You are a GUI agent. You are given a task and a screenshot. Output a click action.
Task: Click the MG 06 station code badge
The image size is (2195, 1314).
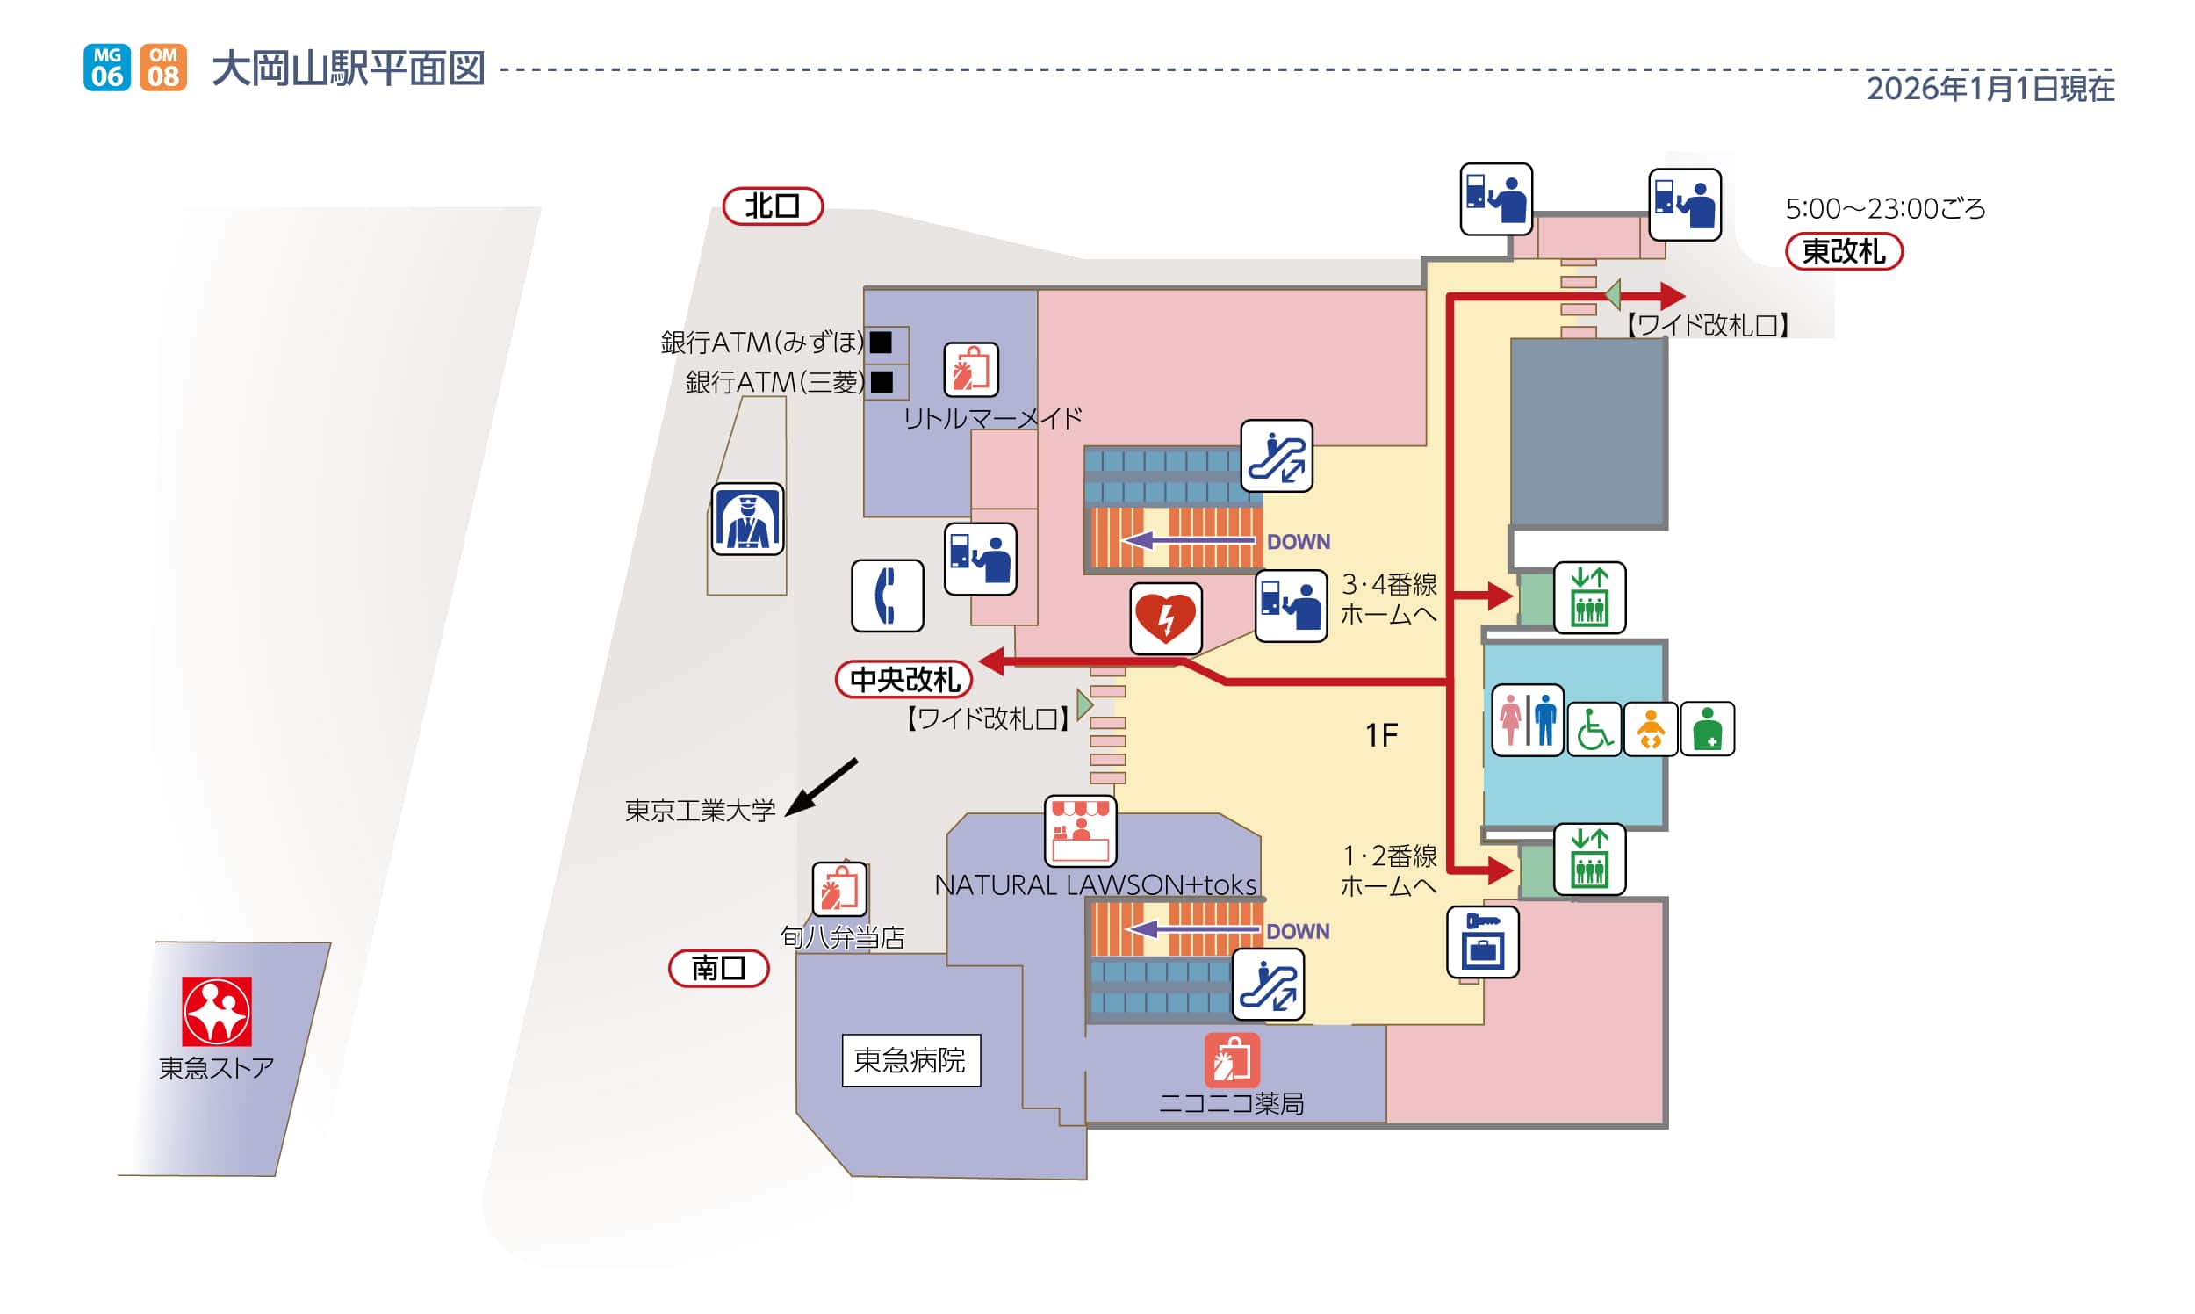tap(106, 68)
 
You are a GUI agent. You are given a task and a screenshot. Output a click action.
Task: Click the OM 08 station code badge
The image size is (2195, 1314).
tap(162, 68)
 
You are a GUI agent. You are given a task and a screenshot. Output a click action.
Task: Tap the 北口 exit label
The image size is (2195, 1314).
tap(773, 206)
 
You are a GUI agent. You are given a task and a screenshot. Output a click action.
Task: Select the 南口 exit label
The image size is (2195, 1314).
tap(718, 968)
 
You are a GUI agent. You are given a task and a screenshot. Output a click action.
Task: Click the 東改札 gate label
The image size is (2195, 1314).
tap(1843, 251)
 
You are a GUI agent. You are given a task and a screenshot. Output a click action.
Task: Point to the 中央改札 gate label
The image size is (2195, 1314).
tap(903, 680)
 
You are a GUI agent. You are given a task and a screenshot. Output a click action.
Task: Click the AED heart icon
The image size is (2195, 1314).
tap(1166, 618)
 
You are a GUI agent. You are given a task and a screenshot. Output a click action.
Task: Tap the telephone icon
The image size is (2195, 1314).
tap(887, 595)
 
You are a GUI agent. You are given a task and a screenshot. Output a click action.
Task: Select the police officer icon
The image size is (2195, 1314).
tap(747, 520)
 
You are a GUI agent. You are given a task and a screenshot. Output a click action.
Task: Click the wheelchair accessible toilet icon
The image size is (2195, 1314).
tap(1594, 729)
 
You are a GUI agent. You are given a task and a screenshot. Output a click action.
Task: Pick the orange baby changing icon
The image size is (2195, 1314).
tap(1650, 729)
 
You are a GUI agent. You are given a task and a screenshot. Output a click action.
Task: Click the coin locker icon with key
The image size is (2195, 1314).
tap(1483, 942)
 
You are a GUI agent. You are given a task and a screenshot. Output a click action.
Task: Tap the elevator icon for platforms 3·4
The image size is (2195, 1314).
tap(1588, 597)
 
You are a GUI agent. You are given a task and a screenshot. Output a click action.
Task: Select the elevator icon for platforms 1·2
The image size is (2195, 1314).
tap(1588, 859)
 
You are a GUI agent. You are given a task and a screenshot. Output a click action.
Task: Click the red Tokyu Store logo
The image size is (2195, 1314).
tap(217, 1011)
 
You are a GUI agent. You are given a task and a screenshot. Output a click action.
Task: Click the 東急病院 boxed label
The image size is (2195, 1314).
tap(910, 1060)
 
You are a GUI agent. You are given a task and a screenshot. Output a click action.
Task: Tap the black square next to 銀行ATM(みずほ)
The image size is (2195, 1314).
tap(881, 342)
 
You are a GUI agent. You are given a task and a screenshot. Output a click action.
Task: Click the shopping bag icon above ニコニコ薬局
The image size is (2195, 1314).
tap(1231, 1060)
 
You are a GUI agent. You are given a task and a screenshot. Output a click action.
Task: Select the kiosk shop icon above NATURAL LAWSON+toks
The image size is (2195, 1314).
tap(1080, 831)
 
